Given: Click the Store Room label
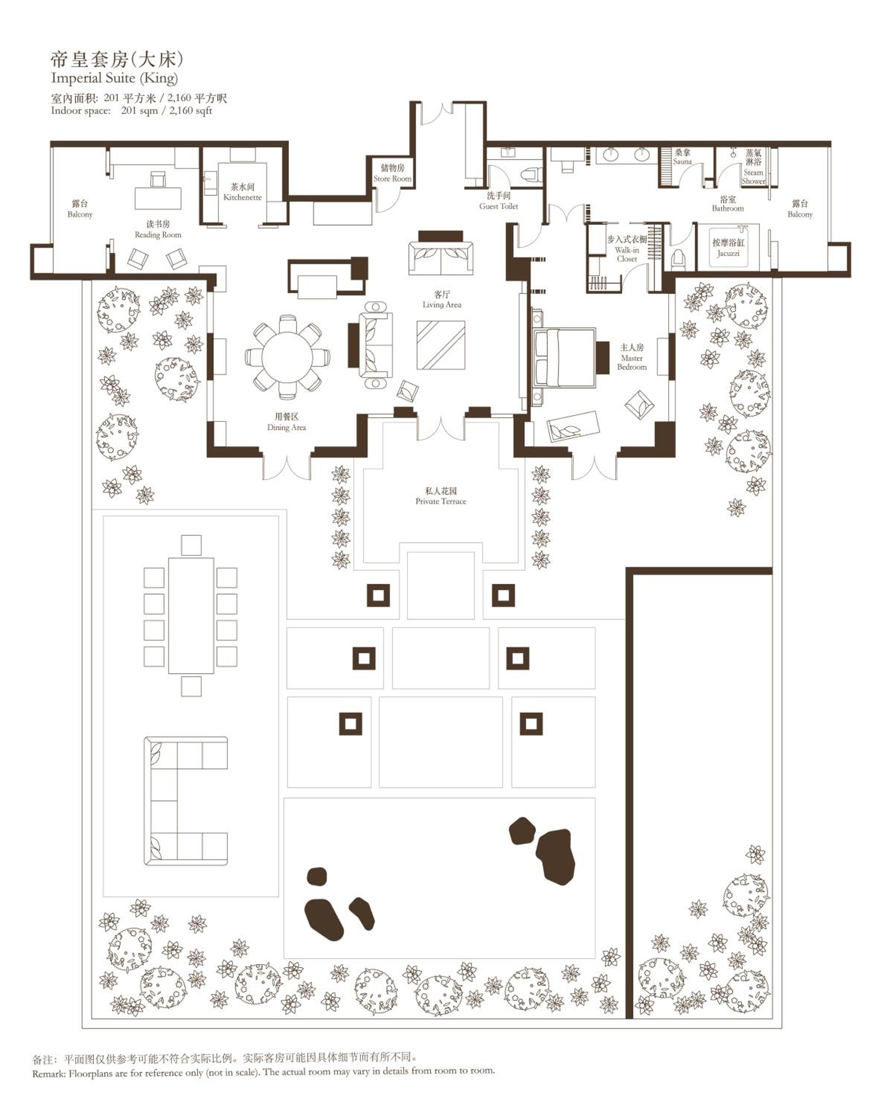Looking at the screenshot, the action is [392, 179].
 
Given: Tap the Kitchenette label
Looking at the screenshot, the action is [242, 197].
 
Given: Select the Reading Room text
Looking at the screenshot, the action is [158, 234].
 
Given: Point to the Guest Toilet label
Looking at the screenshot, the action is [498, 206].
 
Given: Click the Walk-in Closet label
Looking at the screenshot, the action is [627, 254].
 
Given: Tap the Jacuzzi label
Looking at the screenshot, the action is [728, 253].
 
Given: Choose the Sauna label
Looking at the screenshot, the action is [682, 161].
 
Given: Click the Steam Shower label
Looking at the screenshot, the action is [753, 176].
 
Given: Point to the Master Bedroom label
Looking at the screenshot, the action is [632, 362].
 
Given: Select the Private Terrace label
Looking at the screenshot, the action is [441, 501].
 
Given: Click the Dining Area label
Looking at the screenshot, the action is [286, 427].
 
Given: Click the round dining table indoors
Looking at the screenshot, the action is [287, 357].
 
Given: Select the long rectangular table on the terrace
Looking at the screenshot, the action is [191, 615].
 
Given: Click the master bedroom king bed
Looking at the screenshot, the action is [563, 357].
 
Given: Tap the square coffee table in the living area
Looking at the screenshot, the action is [441, 345].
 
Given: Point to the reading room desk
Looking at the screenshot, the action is [158, 198].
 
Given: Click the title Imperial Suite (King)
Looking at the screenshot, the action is [115, 78].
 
